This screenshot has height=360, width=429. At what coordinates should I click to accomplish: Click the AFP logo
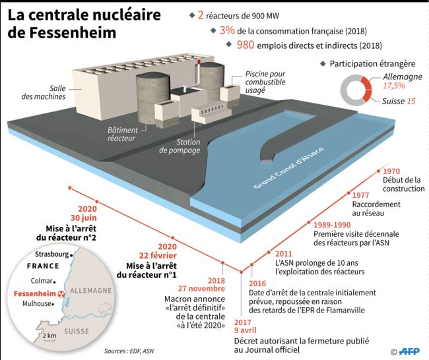409,351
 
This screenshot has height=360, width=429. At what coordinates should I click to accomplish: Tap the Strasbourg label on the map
52,255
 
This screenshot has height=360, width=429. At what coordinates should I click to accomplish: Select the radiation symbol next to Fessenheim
62,294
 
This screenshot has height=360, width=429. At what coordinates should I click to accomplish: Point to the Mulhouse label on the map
37,304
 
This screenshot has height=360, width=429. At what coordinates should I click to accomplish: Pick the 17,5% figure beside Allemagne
393,86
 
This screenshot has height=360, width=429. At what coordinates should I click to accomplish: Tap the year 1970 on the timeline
391,171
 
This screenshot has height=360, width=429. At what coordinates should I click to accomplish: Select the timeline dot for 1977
349,193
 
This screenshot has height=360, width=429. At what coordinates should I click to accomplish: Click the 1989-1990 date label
332,225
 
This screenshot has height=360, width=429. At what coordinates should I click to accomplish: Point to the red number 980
246,45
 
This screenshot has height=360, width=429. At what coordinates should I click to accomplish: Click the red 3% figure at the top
227,30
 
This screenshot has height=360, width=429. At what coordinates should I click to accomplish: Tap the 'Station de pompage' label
180,146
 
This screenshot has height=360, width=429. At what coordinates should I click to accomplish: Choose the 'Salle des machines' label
44,92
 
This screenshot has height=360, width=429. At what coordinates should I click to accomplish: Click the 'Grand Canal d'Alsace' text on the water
288,168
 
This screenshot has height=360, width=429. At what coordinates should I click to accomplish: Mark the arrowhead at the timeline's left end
70,188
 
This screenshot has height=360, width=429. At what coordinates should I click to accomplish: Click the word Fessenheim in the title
73,32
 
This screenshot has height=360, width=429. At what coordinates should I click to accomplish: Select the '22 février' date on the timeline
158,256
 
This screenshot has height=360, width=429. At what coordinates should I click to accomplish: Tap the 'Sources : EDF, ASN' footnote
129,351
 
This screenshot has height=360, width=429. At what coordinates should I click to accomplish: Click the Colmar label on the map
42,281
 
